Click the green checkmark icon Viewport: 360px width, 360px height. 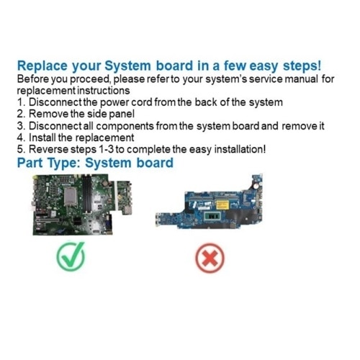pos(71,256)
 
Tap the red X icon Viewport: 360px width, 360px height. pos(210,258)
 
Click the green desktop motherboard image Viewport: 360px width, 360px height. pos(82,204)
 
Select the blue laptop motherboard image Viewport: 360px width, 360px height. pos(210,202)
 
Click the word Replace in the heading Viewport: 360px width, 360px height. pos(42,66)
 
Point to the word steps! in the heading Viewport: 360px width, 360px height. pos(302,66)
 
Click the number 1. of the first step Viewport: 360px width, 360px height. pos(22,102)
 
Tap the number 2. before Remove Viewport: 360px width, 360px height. pos(22,114)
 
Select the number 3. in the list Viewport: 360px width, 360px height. pos(22,126)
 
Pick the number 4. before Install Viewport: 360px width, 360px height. pos(22,138)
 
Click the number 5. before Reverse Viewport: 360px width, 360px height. pos(22,149)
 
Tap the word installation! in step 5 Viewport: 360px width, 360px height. pos(240,149)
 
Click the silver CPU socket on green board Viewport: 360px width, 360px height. pos(70,197)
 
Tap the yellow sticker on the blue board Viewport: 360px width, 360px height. pos(222,204)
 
